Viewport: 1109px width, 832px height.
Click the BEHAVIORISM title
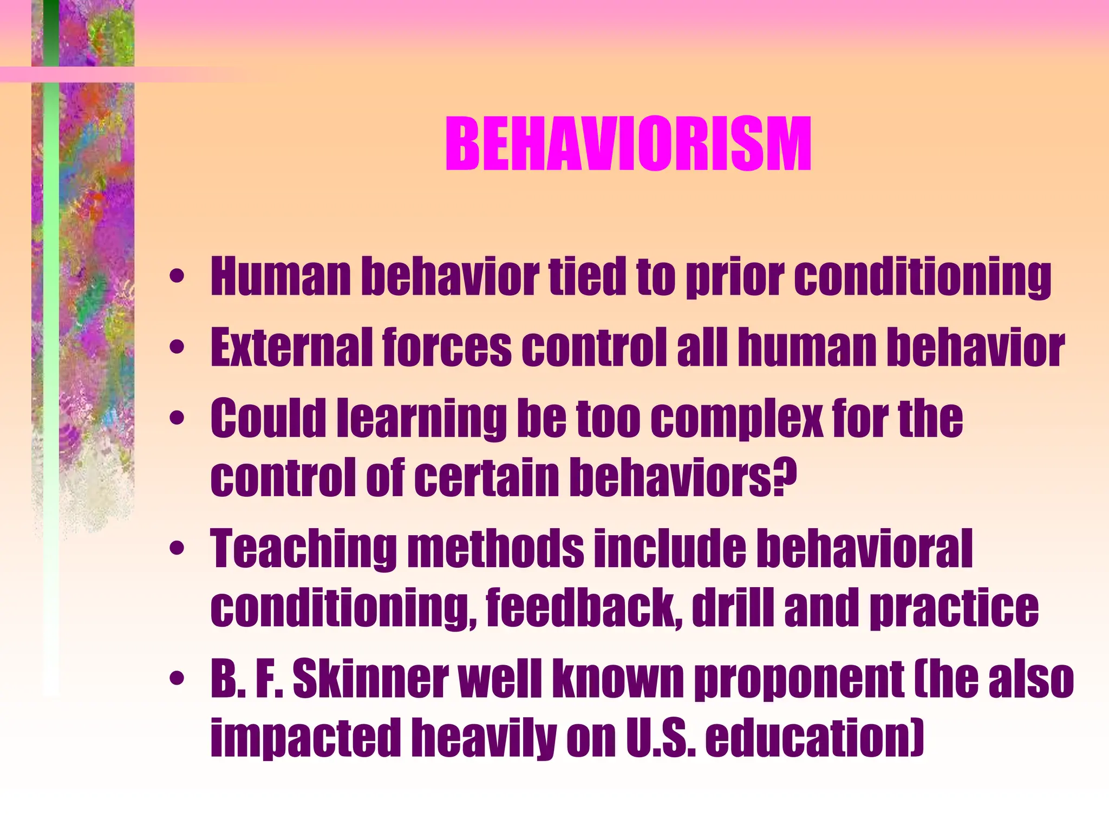(x=628, y=145)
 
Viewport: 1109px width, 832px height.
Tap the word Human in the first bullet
(x=280, y=277)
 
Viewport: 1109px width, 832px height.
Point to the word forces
(x=447, y=347)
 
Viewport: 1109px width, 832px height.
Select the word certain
(x=488, y=477)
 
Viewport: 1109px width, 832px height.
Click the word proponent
(x=799, y=680)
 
